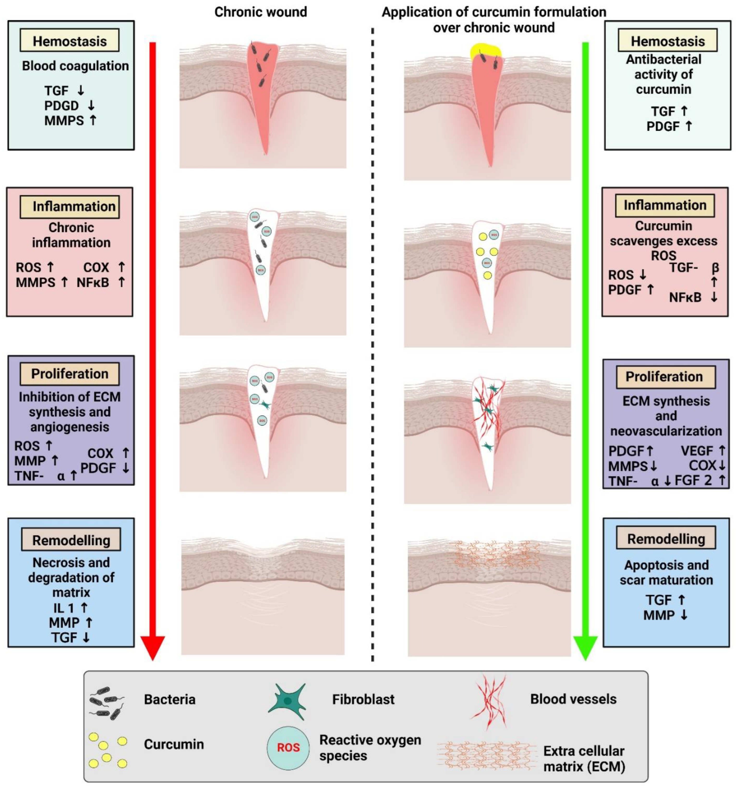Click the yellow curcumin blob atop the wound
pos(486,51)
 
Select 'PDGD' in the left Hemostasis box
pos(61,105)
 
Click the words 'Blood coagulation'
pos(75,66)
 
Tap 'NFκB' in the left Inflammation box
pos(93,282)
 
